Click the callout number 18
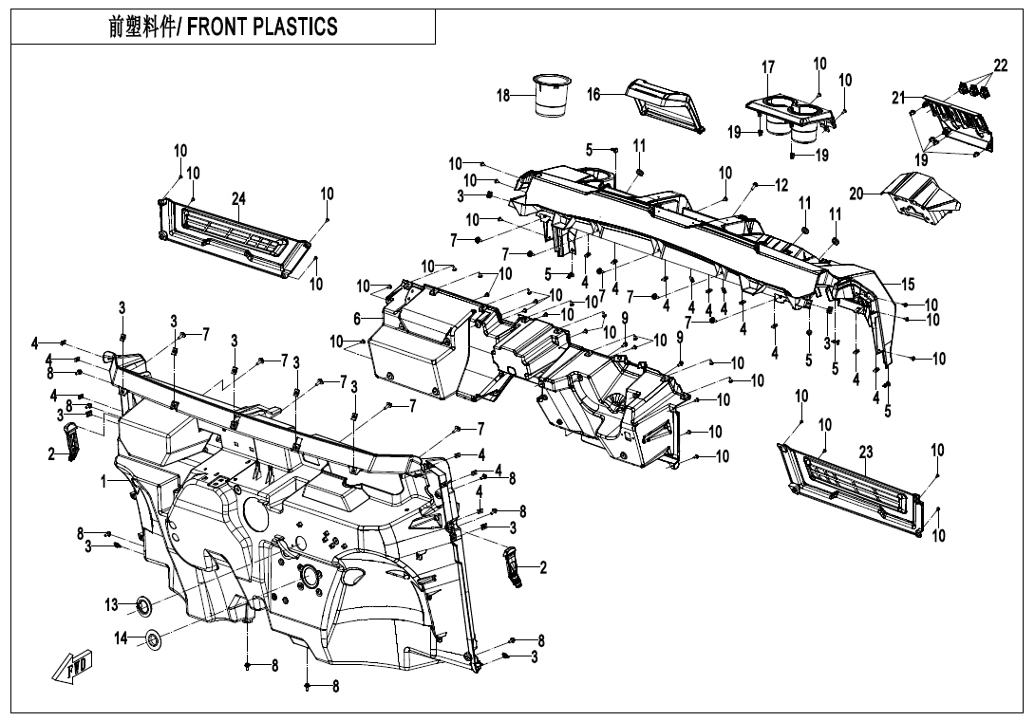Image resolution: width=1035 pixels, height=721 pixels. pos(503,95)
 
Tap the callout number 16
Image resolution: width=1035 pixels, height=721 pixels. pos(593,94)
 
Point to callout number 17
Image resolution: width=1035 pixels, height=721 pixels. pos(768,67)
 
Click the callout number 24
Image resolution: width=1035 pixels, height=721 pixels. pos(238,198)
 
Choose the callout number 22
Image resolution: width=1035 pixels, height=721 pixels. pos(1000,65)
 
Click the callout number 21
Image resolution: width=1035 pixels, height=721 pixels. pos(898,97)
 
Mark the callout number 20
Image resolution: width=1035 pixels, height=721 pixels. pos(856,194)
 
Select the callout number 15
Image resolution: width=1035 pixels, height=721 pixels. pos(908,284)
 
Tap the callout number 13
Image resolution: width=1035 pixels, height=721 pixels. pos(112,604)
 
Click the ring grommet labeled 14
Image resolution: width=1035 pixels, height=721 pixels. pos(152,641)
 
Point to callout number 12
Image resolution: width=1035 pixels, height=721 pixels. pos(781,185)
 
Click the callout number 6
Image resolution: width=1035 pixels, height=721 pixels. pos(357,319)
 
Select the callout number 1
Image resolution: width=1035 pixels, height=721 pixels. pos(103,482)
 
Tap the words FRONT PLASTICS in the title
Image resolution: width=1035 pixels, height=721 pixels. pos(262,27)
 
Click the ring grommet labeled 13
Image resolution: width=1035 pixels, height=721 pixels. pos(144,603)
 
